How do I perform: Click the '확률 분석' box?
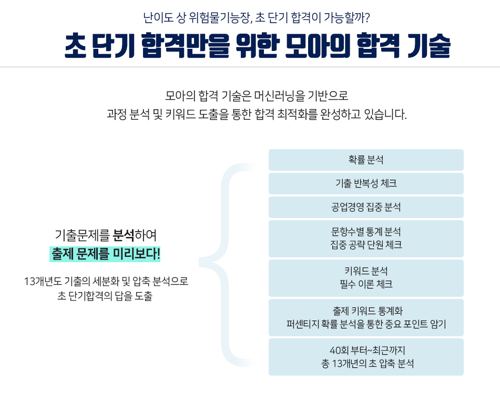point(366,160)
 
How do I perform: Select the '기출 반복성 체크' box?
point(366,183)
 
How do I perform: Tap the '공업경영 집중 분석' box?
point(366,207)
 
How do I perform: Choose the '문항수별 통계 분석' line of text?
point(366,232)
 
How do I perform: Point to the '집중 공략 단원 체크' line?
point(366,245)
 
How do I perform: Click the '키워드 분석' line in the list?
point(366,271)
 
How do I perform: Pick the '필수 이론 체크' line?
point(366,285)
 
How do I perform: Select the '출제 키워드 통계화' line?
point(366,310)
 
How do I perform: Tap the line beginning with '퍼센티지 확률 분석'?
point(366,324)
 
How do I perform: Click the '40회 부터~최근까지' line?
point(366,350)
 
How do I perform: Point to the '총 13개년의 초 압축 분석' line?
point(366,364)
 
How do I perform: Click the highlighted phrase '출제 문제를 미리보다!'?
point(106,254)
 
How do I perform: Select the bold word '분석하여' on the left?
point(135,234)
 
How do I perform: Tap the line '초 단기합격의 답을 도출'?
point(105,296)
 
